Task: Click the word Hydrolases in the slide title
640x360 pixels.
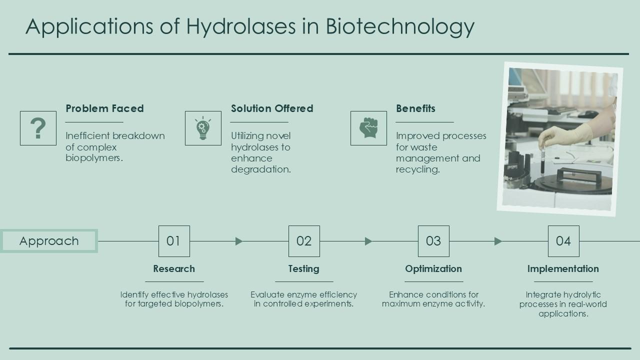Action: pos(241,26)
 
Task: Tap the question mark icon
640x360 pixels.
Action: pos(38,128)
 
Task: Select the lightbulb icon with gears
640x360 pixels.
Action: pos(203,128)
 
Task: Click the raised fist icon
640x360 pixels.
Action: pos(368,128)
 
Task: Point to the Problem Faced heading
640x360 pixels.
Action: pos(104,108)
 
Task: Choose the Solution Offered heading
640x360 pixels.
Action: pos(272,108)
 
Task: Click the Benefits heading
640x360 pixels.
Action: pos(415,108)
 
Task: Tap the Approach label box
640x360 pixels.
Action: pos(49,241)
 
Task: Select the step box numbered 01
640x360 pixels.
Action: pos(174,241)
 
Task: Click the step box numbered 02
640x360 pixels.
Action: pos(304,241)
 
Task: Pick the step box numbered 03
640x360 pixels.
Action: pos(433,241)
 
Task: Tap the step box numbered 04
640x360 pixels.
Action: pos(563,241)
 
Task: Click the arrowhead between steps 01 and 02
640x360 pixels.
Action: pos(239,241)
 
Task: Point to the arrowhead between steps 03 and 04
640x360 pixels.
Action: pos(498,241)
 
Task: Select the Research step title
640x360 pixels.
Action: pos(174,269)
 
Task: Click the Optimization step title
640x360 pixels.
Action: pos(433,269)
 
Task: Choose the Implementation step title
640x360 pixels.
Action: pos(563,269)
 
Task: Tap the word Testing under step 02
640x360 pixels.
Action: pos(303,269)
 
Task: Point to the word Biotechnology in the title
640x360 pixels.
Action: pos(400,26)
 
